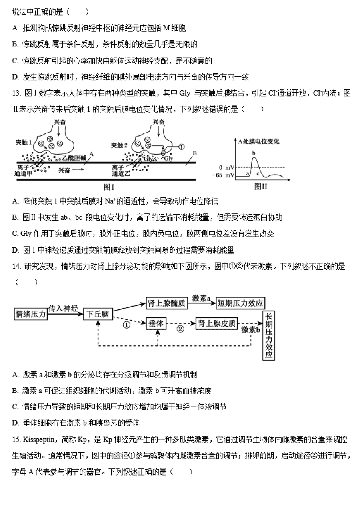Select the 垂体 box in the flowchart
[157, 324]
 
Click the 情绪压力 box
[30, 314]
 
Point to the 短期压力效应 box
[240, 303]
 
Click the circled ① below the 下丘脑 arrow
[126, 325]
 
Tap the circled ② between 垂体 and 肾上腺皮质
[180, 329]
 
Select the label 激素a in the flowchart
[201, 298]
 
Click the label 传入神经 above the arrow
[63, 309]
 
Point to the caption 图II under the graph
[260, 186]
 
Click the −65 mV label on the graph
[224, 175]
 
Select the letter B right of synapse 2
[195, 153]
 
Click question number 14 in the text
[16, 266]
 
